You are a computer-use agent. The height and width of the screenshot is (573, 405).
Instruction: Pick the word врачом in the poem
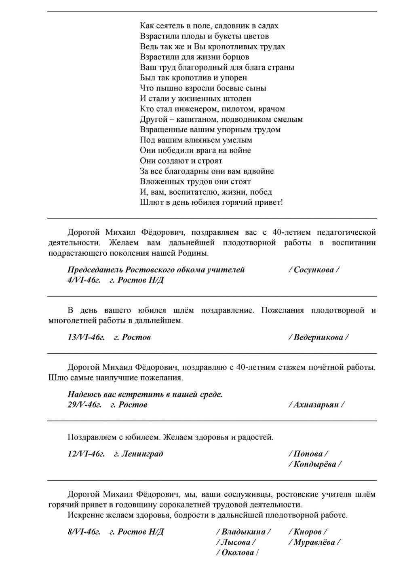coord(273,109)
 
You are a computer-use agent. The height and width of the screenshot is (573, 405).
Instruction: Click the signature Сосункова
coord(314,270)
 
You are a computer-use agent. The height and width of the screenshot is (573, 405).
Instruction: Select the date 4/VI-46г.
coord(84,280)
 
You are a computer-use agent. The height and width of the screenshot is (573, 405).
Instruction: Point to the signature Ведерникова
coord(319,337)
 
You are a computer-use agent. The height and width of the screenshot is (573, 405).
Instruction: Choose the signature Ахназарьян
coord(316,405)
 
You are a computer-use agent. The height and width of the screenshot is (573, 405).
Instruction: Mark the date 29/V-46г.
coord(84,405)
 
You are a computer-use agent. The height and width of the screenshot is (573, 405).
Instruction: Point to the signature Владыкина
coord(244,532)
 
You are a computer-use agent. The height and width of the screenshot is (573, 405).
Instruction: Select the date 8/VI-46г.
coord(84,532)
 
